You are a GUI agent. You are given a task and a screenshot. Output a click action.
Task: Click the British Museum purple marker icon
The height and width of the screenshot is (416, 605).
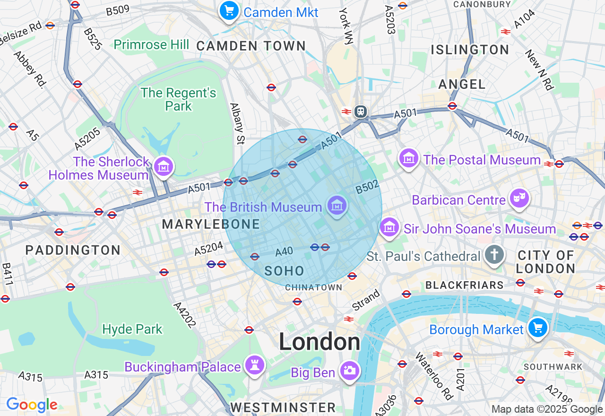(x=337, y=206)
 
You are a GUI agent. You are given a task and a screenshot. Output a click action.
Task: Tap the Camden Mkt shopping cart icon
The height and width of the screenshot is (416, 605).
(x=229, y=10)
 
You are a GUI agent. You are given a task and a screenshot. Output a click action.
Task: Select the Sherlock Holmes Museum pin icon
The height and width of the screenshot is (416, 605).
(x=164, y=166)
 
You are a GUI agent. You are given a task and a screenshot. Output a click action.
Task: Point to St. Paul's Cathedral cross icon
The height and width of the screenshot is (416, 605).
(x=494, y=255)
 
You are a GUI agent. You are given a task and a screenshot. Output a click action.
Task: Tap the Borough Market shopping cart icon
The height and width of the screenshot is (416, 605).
(x=537, y=328)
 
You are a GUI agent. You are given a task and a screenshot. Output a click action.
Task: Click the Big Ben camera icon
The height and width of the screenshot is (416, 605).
(x=350, y=371)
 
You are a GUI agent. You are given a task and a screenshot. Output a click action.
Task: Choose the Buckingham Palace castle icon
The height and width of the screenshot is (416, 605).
(x=255, y=365)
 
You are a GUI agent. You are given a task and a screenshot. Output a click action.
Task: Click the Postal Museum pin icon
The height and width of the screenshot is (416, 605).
(x=409, y=158)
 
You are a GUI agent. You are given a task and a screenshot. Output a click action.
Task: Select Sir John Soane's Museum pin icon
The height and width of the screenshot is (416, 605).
(x=389, y=227)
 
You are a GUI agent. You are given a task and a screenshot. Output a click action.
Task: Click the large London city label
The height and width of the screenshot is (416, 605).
(x=319, y=342)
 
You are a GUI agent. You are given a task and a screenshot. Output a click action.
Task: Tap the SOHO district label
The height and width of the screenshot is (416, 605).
(x=285, y=271)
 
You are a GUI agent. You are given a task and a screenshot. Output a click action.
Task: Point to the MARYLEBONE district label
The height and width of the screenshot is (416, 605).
(x=211, y=224)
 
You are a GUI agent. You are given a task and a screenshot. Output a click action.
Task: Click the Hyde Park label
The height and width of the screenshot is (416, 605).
(x=132, y=329)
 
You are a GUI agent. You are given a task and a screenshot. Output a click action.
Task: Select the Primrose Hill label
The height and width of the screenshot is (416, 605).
(x=151, y=45)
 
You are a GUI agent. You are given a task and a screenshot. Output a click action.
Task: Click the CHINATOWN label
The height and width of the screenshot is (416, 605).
(x=313, y=287)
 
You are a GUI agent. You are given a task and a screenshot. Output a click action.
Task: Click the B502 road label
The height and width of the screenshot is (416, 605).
(x=368, y=187)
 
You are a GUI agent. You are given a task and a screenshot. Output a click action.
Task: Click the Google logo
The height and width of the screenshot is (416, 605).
(x=32, y=405)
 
